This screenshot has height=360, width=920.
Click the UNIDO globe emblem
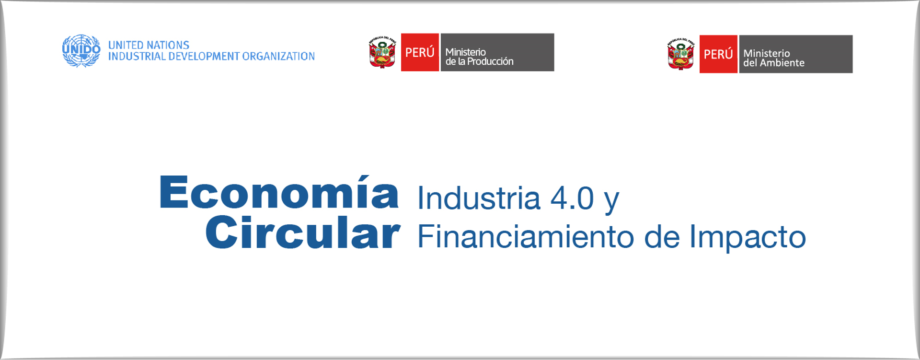[x=81, y=51]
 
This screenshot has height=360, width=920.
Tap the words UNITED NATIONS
[x=149, y=45]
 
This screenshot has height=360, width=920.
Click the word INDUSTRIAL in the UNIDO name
[x=137, y=56]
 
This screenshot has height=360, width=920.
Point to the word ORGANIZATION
[x=278, y=56]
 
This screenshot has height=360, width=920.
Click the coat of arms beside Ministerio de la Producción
[x=382, y=52]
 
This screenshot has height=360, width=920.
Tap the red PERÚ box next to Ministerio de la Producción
[x=420, y=52]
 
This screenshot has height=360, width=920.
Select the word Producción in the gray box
[x=490, y=61]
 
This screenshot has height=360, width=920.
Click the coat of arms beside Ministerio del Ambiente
[x=681, y=54]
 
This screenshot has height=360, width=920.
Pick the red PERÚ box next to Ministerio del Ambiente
[x=718, y=54]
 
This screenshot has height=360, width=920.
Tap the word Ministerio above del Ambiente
[x=767, y=53]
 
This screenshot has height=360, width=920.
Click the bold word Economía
[x=279, y=192]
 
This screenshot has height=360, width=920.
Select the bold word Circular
[x=303, y=232]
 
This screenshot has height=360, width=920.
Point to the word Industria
[x=479, y=198]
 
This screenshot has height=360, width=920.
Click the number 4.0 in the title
[x=572, y=198]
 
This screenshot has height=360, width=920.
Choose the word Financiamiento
[x=526, y=236]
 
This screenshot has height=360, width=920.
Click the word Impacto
[x=747, y=237]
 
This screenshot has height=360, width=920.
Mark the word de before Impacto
[x=662, y=236]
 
